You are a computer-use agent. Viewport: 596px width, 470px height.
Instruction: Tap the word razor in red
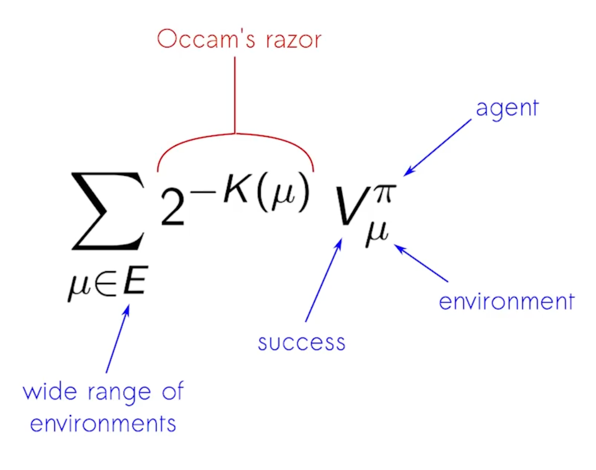294,40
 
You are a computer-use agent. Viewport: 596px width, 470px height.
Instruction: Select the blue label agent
507,109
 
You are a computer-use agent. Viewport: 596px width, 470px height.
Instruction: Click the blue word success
301,343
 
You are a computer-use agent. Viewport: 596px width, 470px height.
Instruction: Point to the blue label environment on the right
506,302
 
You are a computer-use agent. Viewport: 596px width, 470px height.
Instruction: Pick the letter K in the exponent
236,189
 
